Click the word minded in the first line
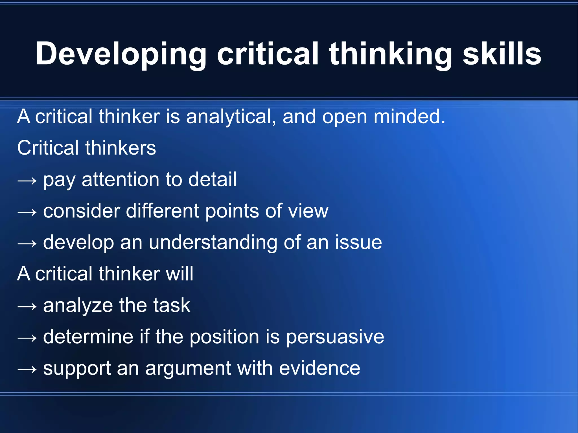[409, 117]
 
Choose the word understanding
[213, 243]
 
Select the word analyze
[78, 306]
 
